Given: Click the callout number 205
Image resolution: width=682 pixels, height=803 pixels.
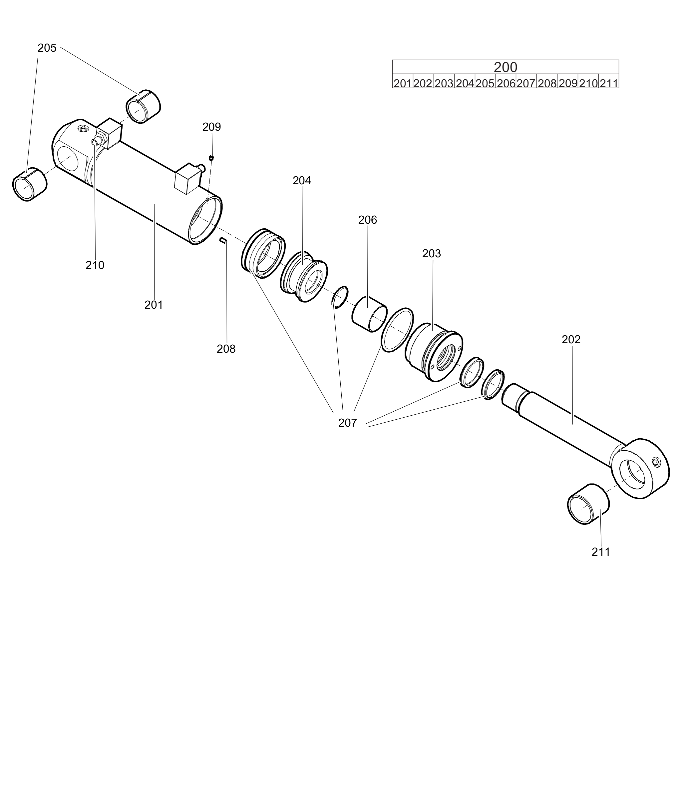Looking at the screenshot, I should pos(47,48).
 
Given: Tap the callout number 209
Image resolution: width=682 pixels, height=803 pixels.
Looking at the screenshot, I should pos(211,127).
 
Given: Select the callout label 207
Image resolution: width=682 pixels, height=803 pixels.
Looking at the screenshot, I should pos(347,423).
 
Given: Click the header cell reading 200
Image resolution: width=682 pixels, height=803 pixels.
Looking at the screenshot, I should pos(505,67).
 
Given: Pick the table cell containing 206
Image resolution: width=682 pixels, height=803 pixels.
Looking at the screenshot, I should pos(506,83).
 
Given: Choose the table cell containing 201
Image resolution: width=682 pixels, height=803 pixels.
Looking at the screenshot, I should pos(403,83).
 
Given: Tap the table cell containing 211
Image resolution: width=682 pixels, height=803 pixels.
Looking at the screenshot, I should pos(608,83).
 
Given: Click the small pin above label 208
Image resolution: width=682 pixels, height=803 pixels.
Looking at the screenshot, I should pos(223,241).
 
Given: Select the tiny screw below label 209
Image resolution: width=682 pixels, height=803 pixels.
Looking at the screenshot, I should pos(211,158).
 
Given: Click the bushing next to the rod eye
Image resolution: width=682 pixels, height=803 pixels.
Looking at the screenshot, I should pos(588,504).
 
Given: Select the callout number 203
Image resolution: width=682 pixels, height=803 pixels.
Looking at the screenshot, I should pos(431,253).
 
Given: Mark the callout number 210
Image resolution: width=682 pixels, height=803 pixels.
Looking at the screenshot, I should pos(95,265).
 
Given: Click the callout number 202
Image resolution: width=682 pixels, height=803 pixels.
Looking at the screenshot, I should pos(571,339).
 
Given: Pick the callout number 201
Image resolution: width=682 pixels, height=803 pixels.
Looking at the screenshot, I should pos(154,305).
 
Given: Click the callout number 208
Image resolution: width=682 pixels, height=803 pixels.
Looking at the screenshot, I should pos(226,349).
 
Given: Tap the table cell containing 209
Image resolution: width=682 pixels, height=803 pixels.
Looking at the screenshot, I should pos(567,83).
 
